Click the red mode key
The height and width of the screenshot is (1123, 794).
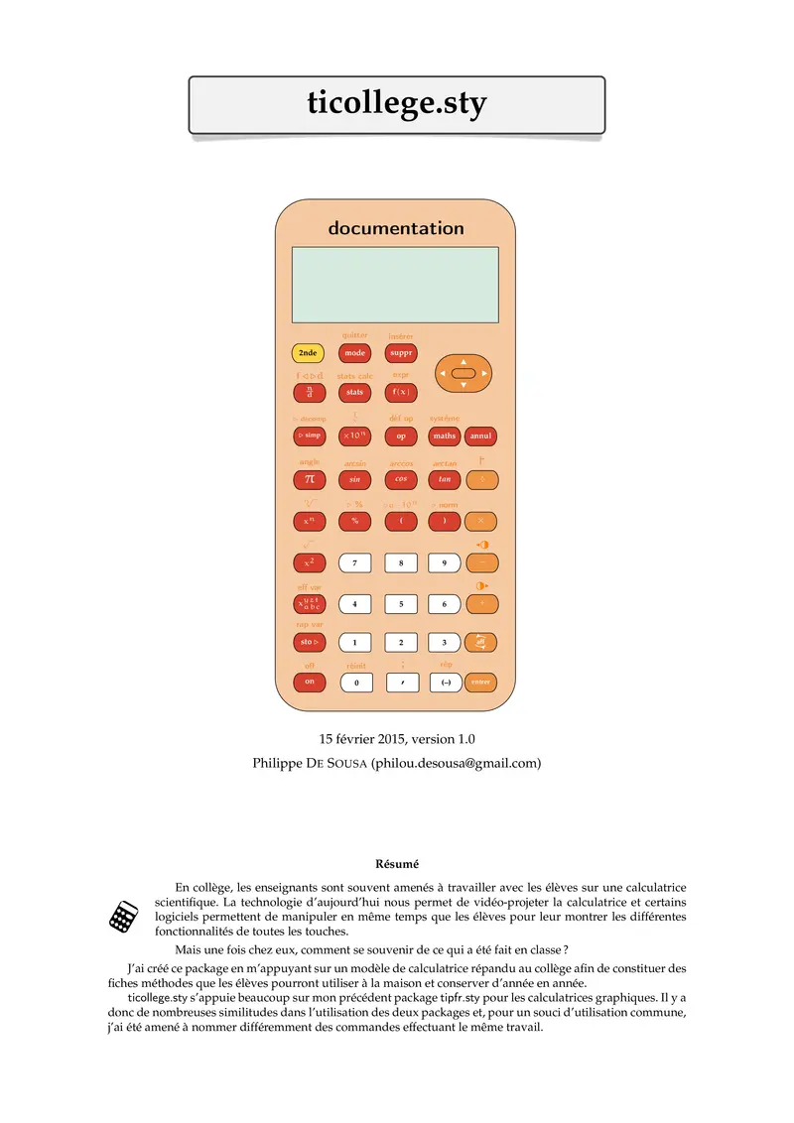click(354, 353)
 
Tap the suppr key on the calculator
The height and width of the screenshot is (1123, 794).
click(400, 353)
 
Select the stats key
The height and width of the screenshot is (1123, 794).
click(354, 393)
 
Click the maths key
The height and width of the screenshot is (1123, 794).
click(445, 436)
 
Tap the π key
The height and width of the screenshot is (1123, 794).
click(308, 479)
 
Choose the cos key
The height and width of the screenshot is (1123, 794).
click(400, 479)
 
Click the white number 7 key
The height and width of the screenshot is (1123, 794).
click(354, 562)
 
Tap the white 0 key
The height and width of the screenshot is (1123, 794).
click(354, 683)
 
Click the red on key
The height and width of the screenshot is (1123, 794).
click(308, 682)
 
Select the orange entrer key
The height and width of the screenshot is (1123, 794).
click(481, 683)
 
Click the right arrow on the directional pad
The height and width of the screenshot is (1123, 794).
click(484, 374)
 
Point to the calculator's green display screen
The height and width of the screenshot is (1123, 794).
click(395, 285)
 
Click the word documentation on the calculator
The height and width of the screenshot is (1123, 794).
click(396, 228)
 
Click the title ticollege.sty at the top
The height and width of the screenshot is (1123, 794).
click(396, 104)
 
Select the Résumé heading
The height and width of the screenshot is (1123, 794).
click(396, 864)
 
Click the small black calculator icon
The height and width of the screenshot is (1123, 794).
click(123, 917)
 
